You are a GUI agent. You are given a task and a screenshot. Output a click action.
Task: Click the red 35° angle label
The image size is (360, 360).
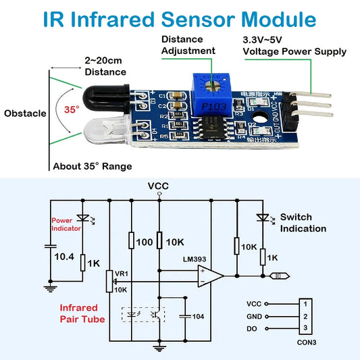[x=72, y=109]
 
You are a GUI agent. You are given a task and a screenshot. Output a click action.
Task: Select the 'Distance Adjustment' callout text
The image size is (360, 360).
[x=188, y=45]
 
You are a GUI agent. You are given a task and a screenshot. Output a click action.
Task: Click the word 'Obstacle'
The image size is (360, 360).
[x=25, y=113]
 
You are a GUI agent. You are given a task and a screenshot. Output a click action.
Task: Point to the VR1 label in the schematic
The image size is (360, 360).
[x=121, y=273]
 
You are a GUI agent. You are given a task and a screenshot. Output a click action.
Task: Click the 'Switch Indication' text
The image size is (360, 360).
[x=303, y=222]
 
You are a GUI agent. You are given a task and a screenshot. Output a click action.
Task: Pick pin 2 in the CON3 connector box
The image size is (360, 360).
[x=305, y=316]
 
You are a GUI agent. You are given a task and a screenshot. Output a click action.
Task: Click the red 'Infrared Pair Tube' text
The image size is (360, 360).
[x=82, y=313]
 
